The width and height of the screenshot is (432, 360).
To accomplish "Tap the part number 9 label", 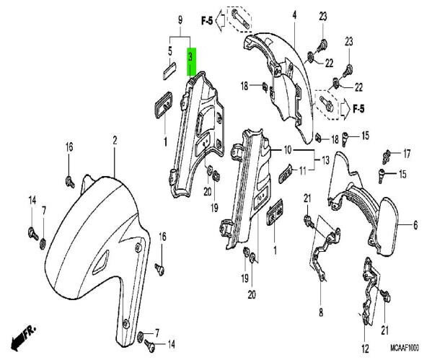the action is click(180, 20).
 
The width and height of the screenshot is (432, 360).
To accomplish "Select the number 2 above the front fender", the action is click(115, 140).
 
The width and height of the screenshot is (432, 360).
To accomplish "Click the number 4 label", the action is click(294, 15).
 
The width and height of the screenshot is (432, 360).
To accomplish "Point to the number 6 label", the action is click(415, 225).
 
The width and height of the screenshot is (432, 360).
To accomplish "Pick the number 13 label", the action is click(325, 160).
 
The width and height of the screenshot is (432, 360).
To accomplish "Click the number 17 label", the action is click(407, 154).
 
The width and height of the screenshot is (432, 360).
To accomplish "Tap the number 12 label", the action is click(365, 349).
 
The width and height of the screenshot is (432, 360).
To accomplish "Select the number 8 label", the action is click(321, 312).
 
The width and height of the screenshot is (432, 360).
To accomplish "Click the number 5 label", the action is click(170, 51).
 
